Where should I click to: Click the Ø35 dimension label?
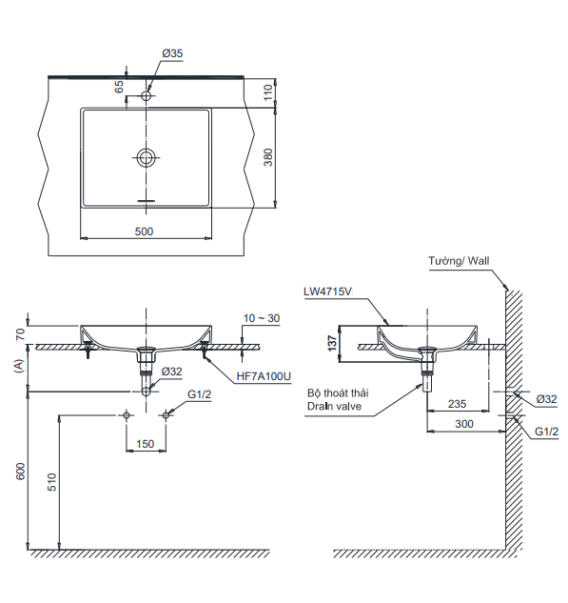coord(172,53)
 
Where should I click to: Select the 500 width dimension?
coord(144,231)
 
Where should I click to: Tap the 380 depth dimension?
coord(268,157)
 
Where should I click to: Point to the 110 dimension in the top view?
coord(268,92)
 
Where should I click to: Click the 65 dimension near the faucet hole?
coord(119,87)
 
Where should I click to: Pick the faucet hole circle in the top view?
coord(147,95)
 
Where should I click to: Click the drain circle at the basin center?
coord(147,157)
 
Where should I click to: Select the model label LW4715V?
coord(327,291)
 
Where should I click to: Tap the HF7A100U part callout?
coord(264,376)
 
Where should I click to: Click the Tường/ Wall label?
coord(459,261)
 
